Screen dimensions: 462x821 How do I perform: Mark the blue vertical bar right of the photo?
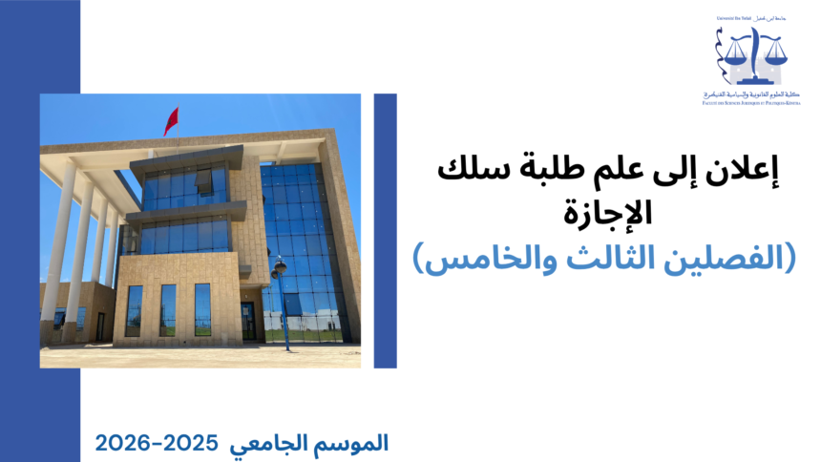(385, 230)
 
